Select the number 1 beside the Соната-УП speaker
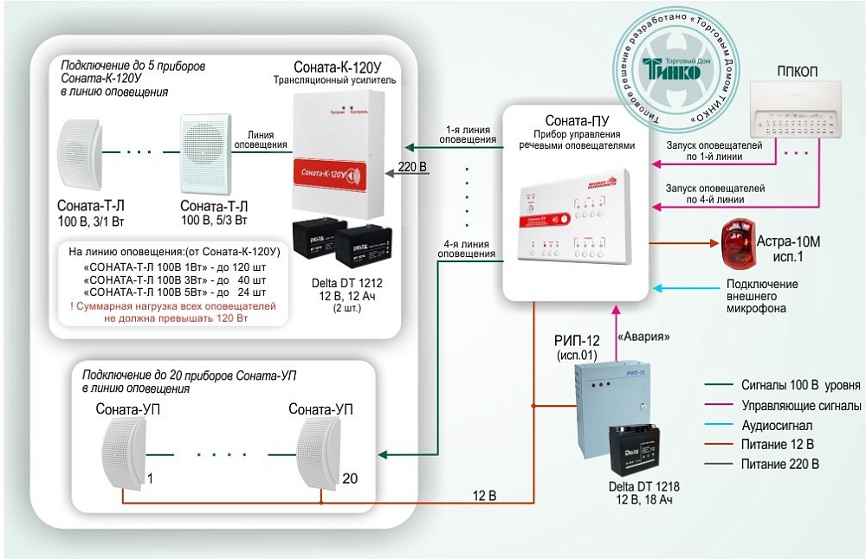pos(150,478)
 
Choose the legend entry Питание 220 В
pos(779,464)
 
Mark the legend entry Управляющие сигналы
pos(790,406)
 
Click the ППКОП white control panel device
pos(796,112)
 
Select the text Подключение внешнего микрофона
pos(762,296)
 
